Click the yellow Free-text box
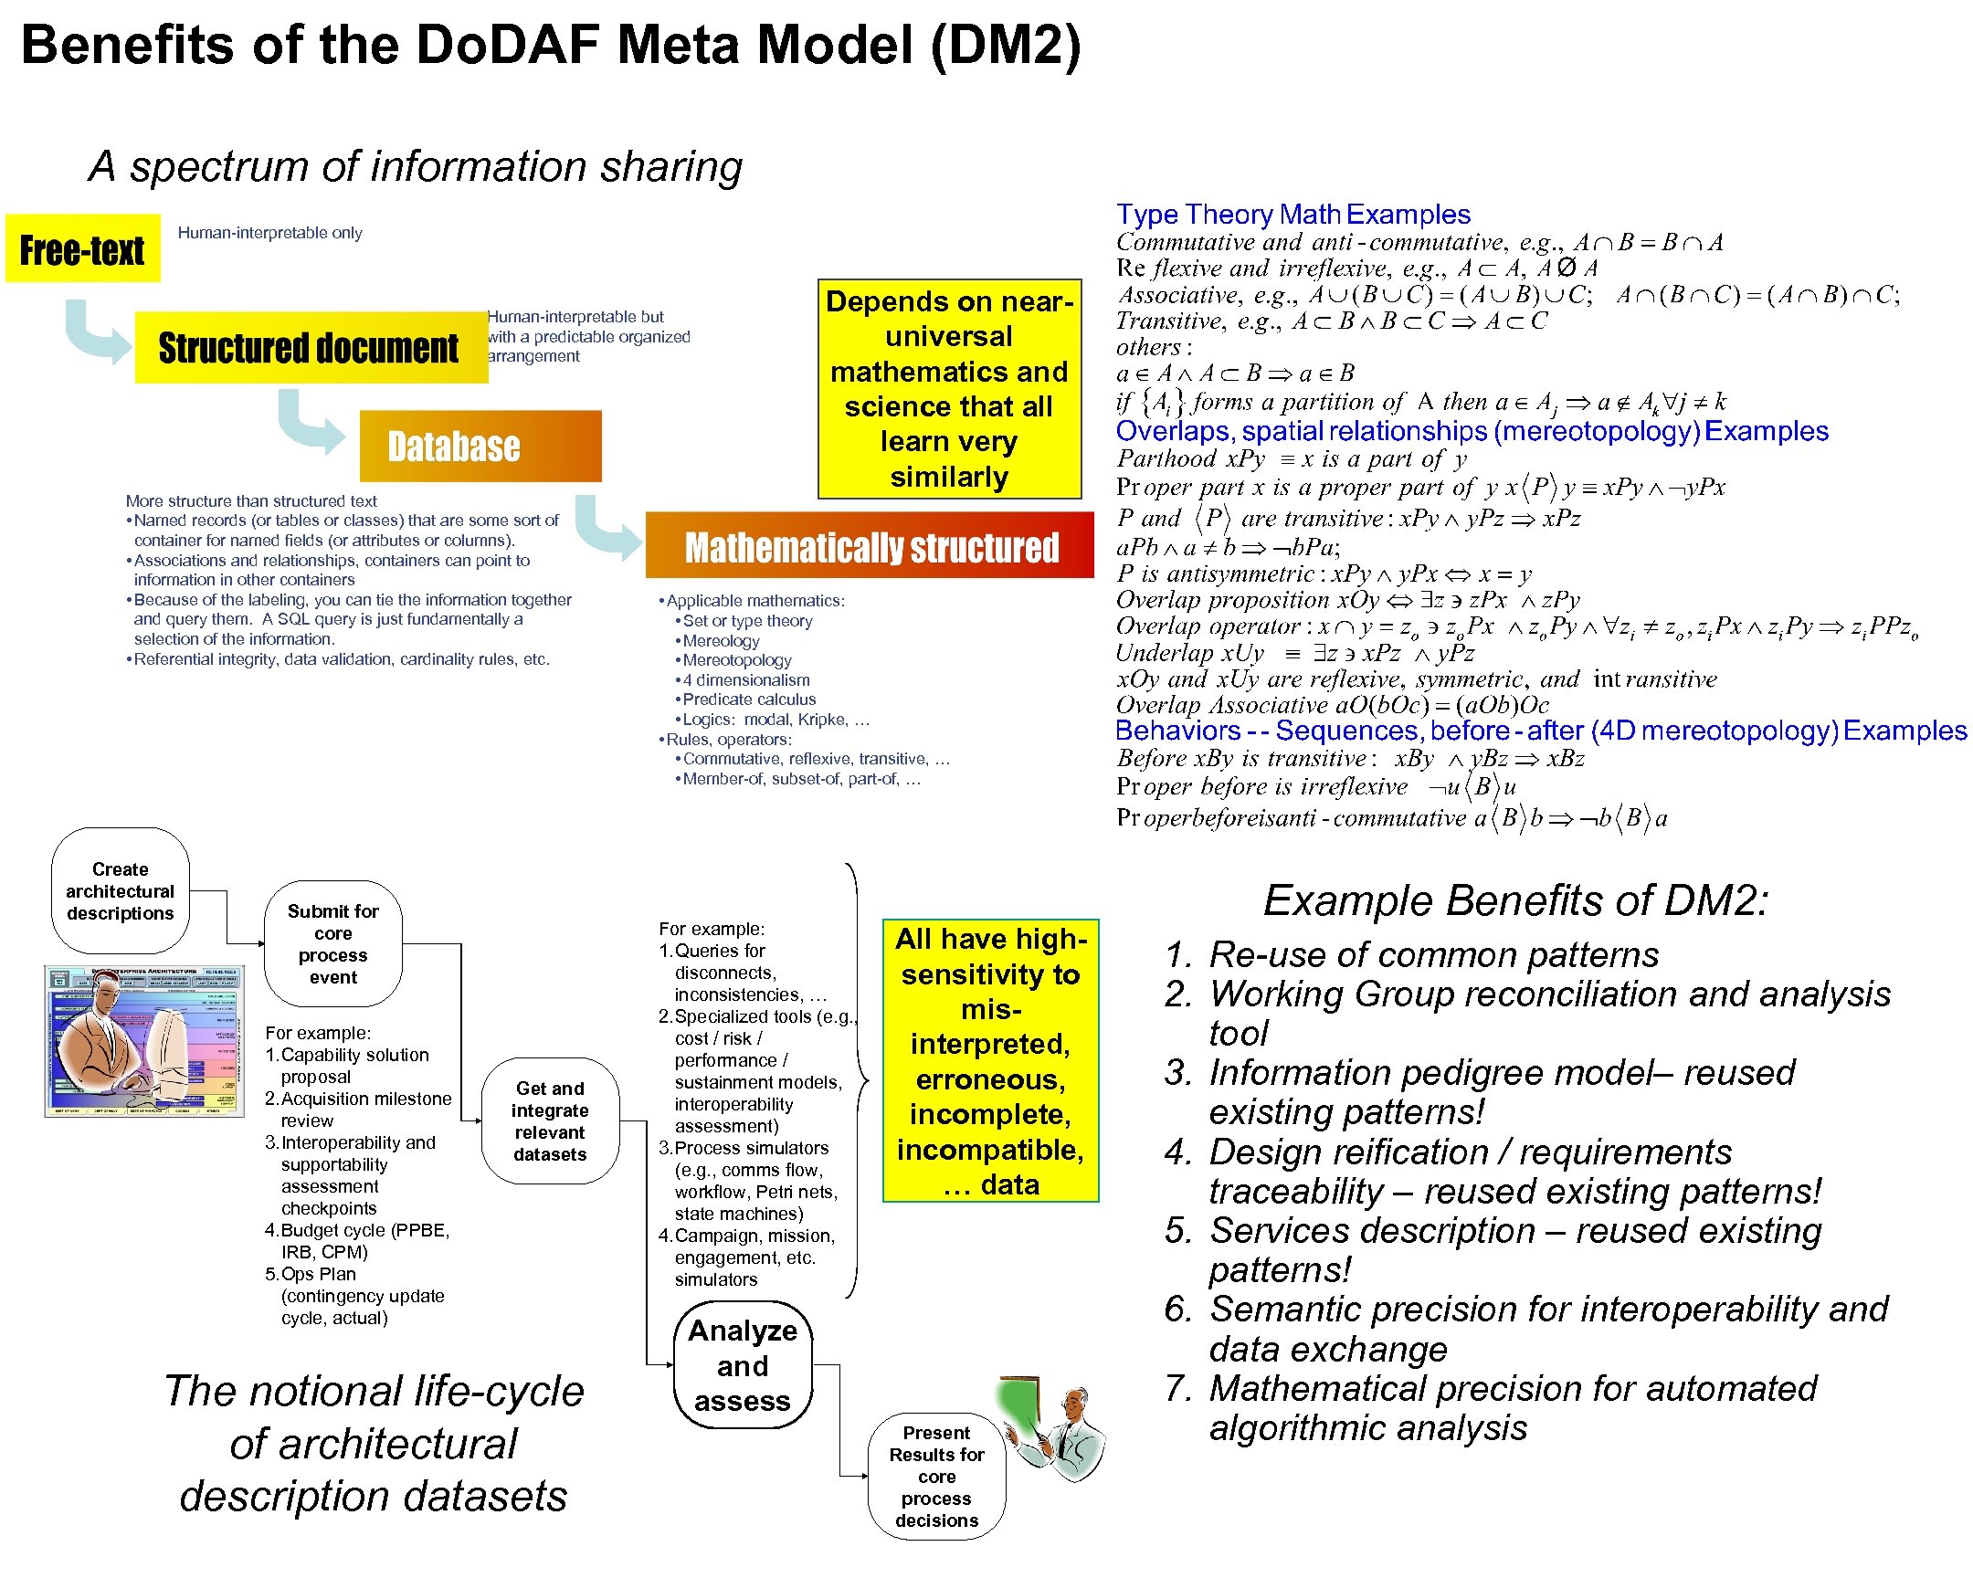(x=82, y=248)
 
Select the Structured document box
(x=310, y=348)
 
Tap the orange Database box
(x=480, y=447)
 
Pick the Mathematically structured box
(x=870, y=546)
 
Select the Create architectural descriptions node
(x=120, y=891)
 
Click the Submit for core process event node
(x=332, y=944)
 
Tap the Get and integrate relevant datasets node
(x=549, y=1121)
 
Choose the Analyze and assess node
(x=743, y=1365)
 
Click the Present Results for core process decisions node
(x=936, y=1477)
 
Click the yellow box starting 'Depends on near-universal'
(x=949, y=389)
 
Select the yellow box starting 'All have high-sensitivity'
(x=990, y=1061)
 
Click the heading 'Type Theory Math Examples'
(x=1292, y=214)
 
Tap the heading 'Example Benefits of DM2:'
(x=1515, y=900)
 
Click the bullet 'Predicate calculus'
(x=749, y=700)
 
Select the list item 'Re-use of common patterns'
(x=1433, y=954)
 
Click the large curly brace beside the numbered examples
(x=858, y=1080)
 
